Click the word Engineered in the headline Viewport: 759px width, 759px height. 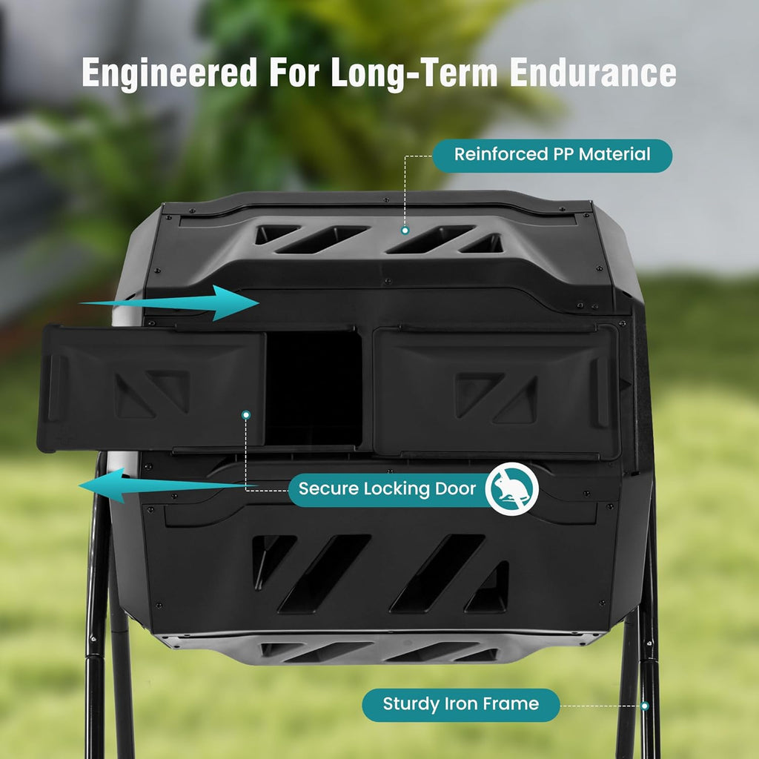click(170, 73)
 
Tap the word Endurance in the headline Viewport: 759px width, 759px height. click(593, 73)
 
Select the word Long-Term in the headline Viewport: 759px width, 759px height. click(414, 73)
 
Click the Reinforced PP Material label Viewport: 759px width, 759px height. click(552, 156)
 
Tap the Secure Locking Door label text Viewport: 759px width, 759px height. click(387, 489)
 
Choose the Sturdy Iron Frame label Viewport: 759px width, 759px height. click(461, 705)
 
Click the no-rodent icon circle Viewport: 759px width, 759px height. click(512, 489)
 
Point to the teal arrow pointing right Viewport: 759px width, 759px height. click(170, 303)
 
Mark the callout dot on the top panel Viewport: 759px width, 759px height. click(405, 231)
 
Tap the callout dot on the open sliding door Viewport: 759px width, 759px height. click(246, 415)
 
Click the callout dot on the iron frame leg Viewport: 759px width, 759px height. click(645, 706)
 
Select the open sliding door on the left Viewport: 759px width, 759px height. click(151, 388)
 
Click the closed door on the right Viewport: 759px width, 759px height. click(497, 392)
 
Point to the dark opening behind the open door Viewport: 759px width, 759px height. click(314, 388)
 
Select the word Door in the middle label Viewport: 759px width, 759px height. click(456, 489)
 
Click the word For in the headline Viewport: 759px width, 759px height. click(294, 73)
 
